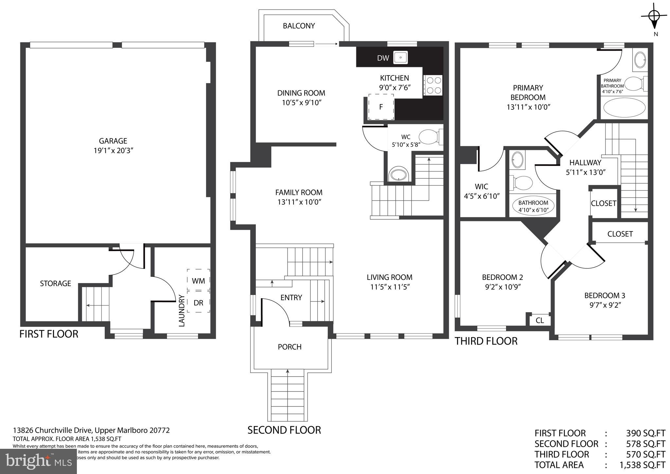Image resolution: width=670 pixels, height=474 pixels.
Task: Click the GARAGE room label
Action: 113,141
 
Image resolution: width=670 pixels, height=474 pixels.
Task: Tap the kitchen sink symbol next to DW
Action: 400,58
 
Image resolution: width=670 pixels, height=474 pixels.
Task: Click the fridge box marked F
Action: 381,107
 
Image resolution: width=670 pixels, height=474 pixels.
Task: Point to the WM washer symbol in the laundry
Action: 198,281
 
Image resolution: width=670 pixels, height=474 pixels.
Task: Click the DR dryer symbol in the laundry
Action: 198,303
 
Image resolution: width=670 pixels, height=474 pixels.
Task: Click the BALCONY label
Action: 299,26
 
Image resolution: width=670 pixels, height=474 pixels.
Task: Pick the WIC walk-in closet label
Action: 481,187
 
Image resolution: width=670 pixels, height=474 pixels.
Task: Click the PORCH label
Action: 290,347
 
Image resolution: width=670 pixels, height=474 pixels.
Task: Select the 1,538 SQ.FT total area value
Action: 642,465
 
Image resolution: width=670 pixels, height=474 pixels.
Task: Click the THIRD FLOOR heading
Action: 486,341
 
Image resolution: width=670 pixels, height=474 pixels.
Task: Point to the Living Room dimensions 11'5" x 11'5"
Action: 389,287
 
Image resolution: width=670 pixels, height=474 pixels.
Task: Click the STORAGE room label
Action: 55,283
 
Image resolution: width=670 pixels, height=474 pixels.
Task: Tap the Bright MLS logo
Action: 39,461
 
